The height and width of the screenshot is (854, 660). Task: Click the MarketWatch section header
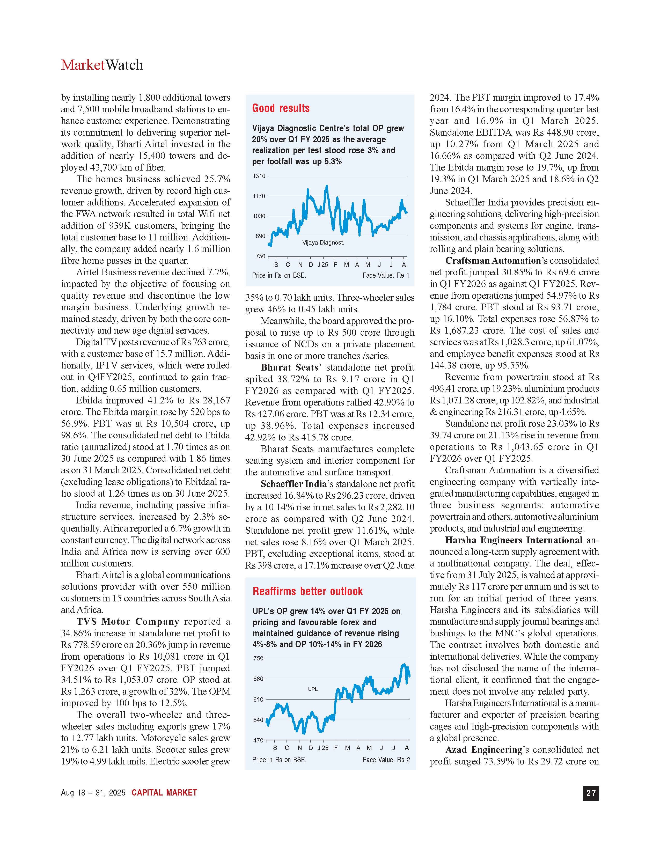(102, 65)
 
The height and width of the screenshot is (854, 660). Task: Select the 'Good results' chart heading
(281, 108)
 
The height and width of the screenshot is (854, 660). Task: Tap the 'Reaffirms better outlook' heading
(308, 591)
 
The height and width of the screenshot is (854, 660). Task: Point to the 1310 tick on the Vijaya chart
(259, 176)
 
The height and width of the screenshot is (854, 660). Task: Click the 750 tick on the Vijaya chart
(260, 256)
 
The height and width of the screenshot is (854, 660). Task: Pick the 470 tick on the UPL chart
(259, 740)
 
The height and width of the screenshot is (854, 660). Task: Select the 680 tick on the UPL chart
(259, 679)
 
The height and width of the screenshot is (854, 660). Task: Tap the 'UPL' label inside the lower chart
(313, 689)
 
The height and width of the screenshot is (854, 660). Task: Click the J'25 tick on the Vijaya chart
(322, 265)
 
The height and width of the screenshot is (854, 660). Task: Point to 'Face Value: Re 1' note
(386, 275)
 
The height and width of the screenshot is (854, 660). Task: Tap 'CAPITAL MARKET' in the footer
(164, 793)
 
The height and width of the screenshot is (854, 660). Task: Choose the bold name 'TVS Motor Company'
(128, 622)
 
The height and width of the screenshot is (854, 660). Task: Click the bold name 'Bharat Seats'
(289, 367)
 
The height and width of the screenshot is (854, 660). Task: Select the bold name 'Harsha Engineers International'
(514, 540)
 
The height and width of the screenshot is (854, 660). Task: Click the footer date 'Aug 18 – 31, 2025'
(93, 793)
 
